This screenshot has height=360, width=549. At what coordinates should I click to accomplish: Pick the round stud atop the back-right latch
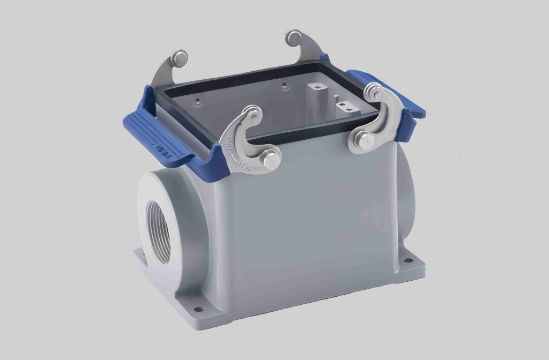click(294, 37)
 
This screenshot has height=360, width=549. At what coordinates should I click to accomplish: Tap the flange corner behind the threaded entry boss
click(140, 258)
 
